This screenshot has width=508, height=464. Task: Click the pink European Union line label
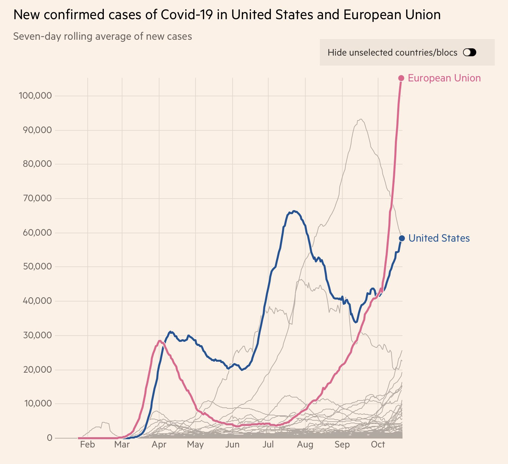pyautogui.click(x=444, y=78)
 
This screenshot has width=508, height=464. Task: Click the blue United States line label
pyautogui.click(x=439, y=238)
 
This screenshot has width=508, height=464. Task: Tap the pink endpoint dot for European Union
pyautogui.click(x=401, y=78)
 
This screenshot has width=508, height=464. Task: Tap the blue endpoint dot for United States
pyautogui.click(x=402, y=238)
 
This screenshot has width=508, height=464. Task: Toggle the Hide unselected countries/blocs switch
pyautogui.click(x=469, y=52)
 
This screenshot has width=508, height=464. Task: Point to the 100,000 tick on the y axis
pyautogui.click(x=35, y=96)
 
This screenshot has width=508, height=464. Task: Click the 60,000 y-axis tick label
pyautogui.click(x=37, y=232)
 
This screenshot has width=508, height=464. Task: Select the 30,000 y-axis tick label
pyautogui.click(x=37, y=335)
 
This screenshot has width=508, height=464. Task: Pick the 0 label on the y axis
pyautogui.click(x=50, y=438)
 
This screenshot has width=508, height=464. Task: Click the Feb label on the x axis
pyautogui.click(x=87, y=444)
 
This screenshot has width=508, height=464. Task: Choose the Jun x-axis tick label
pyautogui.click(x=232, y=444)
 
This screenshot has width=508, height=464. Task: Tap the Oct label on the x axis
pyautogui.click(x=378, y=444)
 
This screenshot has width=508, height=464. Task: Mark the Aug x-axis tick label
pyautogui.click(x=305, y=444)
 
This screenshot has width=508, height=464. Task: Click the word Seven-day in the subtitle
pyautogui.click(x=37, y=36)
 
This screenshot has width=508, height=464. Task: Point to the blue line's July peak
pyautogui.click(x=294, y=211)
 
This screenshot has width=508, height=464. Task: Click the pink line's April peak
pyautogui.click(x=160, y=341)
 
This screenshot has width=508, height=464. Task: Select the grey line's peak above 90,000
pyautogui.click(x=361, y=119)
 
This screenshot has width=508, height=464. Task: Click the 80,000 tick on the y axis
pyautogui.click(x=37, y=164)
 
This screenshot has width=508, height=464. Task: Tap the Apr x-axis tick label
pyautogui.click(x=159, y=444)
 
